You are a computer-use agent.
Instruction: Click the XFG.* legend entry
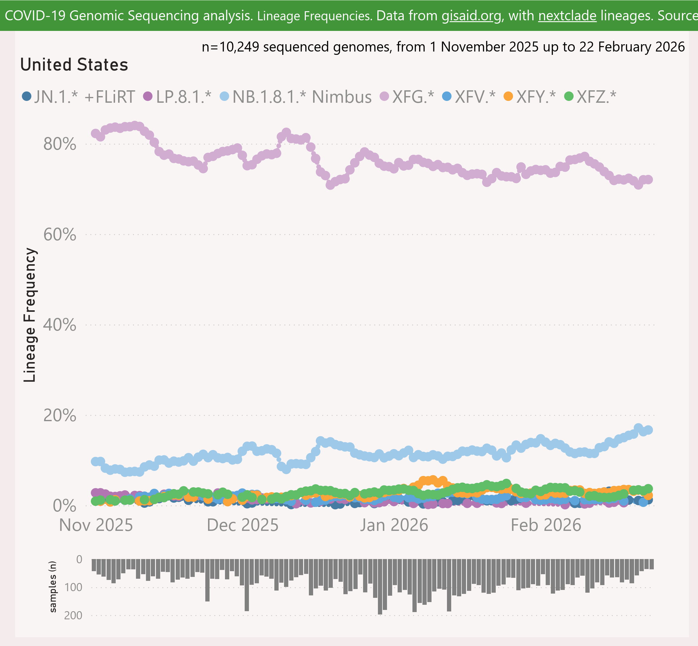407,97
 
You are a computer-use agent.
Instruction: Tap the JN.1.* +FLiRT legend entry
79,97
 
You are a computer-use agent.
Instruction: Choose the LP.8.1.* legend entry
178,97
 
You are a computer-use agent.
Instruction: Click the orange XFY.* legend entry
530,97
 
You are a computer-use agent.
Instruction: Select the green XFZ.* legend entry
591,97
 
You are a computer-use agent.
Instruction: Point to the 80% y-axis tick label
60,144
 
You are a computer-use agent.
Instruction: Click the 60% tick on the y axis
60,235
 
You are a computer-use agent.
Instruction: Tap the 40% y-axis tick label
60,325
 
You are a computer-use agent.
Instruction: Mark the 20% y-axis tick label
60,416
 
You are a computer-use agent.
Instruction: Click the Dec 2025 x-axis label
243,525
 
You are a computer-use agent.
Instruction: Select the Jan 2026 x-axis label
394,525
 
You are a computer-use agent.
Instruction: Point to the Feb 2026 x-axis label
546,525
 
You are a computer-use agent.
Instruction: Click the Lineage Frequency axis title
30,315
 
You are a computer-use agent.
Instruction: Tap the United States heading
74,65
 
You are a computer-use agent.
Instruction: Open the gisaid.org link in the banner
471,16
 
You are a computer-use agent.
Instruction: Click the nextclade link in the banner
567,16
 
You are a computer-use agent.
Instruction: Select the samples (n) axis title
53,587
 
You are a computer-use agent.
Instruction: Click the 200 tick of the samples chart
73,615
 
